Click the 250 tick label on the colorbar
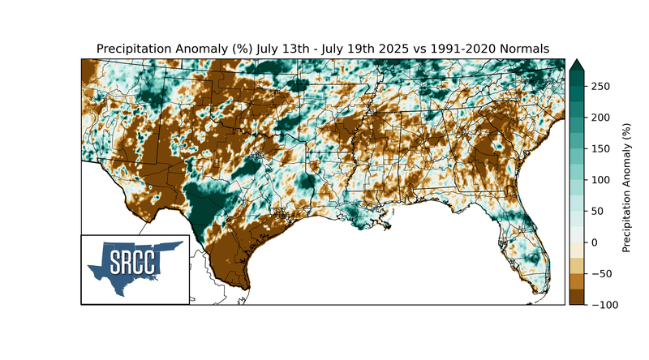pyautogui.click(x=601, y=86)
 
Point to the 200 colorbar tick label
pyautogui.click(x=601, y=118)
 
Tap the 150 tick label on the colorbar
pyautogui.click(x=601, y=148)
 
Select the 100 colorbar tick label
pyautogui.click(x=601, y=180)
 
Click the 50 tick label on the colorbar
pyautogui.click(x=598, y=211)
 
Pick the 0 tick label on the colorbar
pyautogui.click(x=595, y=242)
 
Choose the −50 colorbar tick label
pyautogui.click(x=600, y=273)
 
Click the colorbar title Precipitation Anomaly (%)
pyautogui.click(x=626, y=187)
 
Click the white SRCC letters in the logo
pyautogui.click(x=133, y=264)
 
